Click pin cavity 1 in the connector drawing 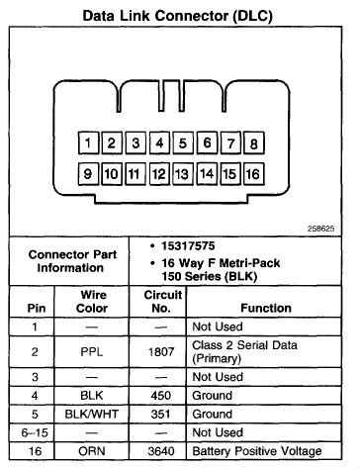(x=88, y=142)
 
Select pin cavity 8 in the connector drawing (x=254, y=142)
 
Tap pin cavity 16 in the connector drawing (x=254, y=173)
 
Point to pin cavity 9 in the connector (x=88, y=173)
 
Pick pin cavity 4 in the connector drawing (x=159, y=142)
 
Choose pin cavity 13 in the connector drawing (x=183, y=173)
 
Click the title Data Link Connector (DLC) (x=177, y=16)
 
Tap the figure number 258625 (x=320, y=229)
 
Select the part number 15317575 (x=188, y=245)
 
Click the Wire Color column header (x=92, y=302)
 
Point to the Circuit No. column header (x=162, y=302)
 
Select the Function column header (x=266, y=308)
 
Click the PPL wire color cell (x=92, y=352)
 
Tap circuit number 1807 (x=161, y=352)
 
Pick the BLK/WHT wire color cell (x=92, y=414)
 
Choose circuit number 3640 (x=161, y=451)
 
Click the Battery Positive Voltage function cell (x=257, y=451)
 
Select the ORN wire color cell (x=92, y=451)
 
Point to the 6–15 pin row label (x=35, y=432)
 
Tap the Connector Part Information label (x=72, y=261)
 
